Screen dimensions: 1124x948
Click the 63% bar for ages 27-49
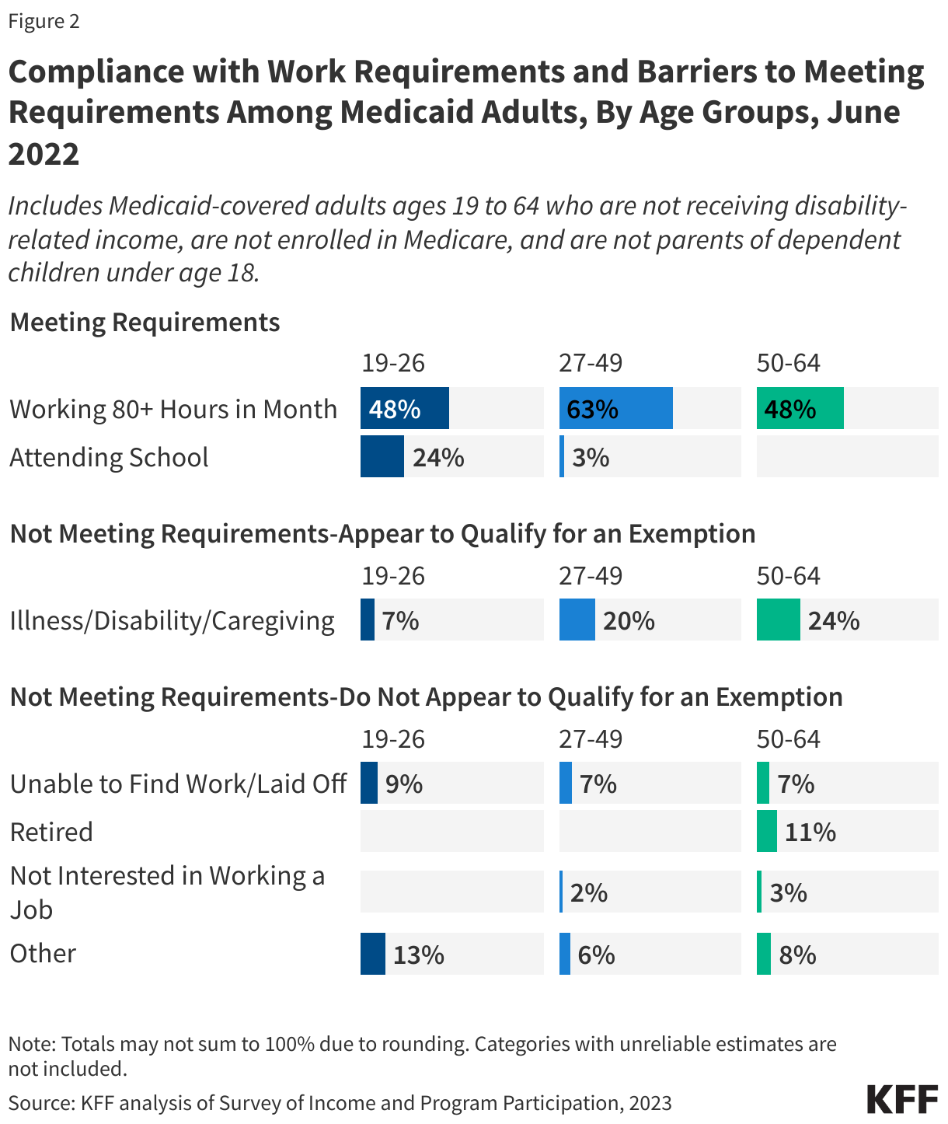[x=615, y=408]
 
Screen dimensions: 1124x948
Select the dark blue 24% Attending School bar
[x=382, y=456]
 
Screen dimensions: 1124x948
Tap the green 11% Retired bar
[x=766, y=831]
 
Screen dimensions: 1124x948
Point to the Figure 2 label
[x=44, y=21]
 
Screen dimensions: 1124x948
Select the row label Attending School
[x=109, y=457]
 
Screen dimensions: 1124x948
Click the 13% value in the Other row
[x=418, y=954]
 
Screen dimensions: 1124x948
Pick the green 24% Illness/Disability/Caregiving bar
[x=778, y=620]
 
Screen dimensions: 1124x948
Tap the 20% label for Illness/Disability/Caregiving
[x=629, y=620]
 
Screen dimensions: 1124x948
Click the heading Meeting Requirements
[x=145, y=322]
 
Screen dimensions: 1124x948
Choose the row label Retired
[x=51, y=832]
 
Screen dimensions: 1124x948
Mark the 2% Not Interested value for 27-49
[x=588, y=892]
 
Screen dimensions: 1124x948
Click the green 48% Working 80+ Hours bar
[x=800, y=408]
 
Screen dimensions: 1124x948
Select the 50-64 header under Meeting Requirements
[x=788, y=363]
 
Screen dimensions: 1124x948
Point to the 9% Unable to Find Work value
[x=404, y=784]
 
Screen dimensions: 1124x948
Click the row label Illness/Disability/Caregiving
[x=172, y=620]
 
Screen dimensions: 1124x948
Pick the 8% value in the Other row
[x=797, y=954]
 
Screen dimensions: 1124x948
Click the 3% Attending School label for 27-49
[x=591, y=457]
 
